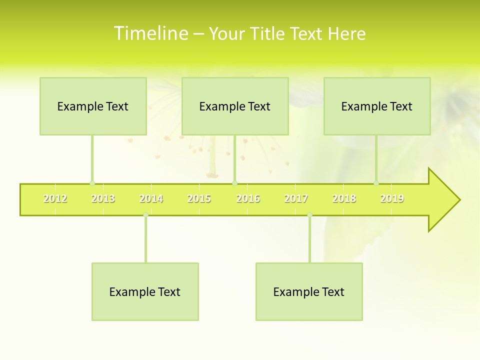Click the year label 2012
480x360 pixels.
(x=55, y=198)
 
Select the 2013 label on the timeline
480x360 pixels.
(x=103, y=198)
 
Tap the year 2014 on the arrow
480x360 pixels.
(x=151, y=198)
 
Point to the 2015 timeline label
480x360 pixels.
(x=199, y=198)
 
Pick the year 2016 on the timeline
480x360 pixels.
(x=248, y=198)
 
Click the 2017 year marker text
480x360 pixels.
(x=296, y=198)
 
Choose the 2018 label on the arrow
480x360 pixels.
(x=344, y=198)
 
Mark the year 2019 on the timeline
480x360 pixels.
(x=392, y=198)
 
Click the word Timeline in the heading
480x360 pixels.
(x=150, y=33)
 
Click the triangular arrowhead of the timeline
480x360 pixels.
(x=443, y=200)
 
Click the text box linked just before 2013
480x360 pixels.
(x=93, y=106)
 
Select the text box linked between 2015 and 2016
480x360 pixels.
(x=235, y=106)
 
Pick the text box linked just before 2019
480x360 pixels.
(x=377, y=106)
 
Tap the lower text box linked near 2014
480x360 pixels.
(x=145, y=291)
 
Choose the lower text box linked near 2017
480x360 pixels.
(x=309, y=291)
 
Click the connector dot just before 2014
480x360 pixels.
(x=145, y=215)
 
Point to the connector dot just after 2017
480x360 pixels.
(x=309, y=215)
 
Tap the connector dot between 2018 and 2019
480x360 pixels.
(x=376, y=183)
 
